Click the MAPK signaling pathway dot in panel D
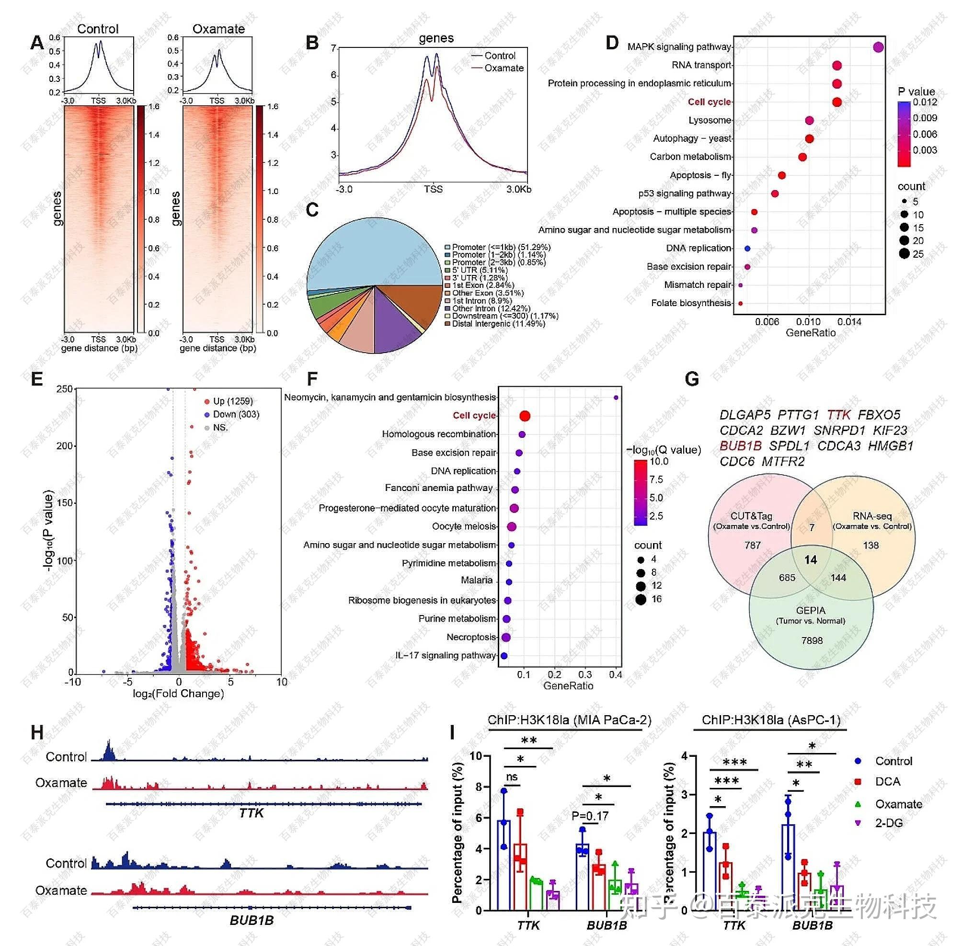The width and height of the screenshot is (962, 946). coord(878,47)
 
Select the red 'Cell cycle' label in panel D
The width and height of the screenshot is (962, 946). coord(709,102)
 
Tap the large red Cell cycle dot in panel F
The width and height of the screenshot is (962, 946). coord(525,416)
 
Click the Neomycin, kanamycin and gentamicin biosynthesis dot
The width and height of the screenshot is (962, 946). coord(616,398)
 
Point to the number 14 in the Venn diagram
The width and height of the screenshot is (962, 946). coord(811,560)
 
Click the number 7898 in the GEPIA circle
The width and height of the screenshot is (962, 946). coord(812,640)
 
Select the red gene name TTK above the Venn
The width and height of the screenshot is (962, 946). coord(839,415)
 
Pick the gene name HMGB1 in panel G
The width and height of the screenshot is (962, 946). coord(891,445)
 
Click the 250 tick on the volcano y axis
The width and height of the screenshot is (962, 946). coord(65,389)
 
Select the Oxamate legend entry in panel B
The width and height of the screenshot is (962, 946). coord(504,68)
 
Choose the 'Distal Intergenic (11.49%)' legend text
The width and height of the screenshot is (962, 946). coord(498,324)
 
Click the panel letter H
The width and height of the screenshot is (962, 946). coord(37,733)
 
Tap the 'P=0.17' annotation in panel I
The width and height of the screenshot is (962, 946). coord(590,816)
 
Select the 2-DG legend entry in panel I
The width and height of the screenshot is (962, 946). coord(888,823)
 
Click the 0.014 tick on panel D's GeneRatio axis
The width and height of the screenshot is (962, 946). coord(849,322)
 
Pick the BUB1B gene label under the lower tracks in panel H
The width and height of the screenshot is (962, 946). coord(252,920)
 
